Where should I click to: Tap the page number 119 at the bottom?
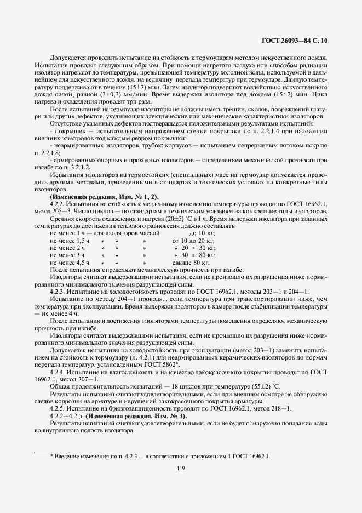tap(181, 468)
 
